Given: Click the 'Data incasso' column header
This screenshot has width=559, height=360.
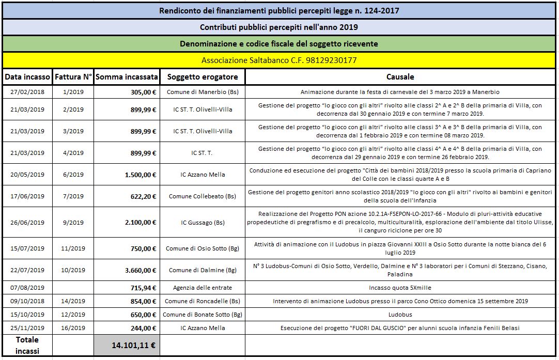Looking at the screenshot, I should (27, 77).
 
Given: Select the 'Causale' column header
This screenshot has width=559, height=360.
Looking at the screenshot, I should (400, 77).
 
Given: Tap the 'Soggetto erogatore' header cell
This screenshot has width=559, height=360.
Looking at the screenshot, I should (202, 77).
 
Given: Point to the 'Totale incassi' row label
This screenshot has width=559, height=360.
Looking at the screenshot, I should (27, 345).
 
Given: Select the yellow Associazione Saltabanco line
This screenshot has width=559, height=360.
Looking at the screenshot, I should (279, 60).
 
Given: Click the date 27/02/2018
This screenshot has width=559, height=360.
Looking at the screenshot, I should (27, 92).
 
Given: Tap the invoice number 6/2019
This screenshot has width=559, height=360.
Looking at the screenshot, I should (73, 175).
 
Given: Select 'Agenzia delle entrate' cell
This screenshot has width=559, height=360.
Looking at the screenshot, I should (203, 288).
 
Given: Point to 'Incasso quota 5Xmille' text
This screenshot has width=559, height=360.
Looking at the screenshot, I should (400, 288).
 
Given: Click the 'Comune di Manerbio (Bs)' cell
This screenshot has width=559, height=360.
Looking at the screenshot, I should (203, 92).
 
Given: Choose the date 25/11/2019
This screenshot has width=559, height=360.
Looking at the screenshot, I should (27, 328).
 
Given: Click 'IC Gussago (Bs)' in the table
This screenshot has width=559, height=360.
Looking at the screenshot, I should (203, 223).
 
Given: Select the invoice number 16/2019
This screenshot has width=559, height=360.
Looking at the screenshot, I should (73, 328).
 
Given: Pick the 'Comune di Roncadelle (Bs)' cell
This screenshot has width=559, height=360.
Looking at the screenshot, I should (203, 301).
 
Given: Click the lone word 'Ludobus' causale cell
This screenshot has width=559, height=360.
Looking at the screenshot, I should (400, 315).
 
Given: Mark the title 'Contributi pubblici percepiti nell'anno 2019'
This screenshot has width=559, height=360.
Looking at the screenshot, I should (279, 26).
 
